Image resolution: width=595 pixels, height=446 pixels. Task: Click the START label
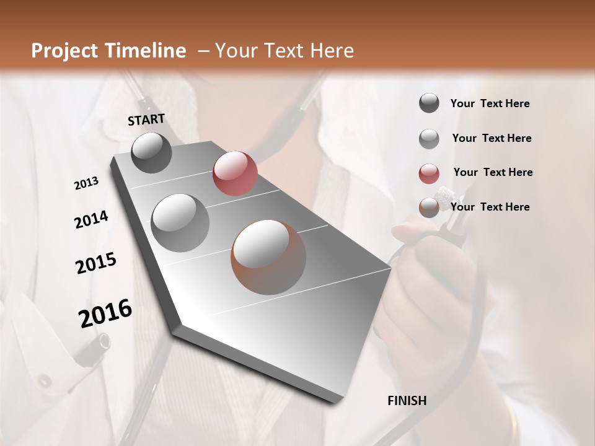[146, 120]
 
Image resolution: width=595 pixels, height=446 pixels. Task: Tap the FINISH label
[407, 401]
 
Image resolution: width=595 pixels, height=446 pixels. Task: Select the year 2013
[87, 183]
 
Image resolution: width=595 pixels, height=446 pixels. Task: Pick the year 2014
[91, 220]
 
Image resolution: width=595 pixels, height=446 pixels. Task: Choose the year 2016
[105, 313]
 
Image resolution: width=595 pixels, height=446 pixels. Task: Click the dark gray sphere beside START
[151, 152]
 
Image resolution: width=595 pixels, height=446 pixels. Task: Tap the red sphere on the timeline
[234, 173]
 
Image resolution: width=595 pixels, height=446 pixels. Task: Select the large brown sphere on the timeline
[268, 256]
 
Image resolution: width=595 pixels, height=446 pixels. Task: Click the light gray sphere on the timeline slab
[180, 222]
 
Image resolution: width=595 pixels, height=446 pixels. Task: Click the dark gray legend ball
[429, 103]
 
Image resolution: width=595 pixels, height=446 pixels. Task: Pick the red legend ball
[429, 173]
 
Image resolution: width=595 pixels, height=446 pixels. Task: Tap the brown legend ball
[429, 208]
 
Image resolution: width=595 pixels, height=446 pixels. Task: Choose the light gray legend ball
[429, 139]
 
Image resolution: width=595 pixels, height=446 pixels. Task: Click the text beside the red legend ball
[493, 172]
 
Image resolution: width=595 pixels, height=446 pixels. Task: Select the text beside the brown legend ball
[490, 207]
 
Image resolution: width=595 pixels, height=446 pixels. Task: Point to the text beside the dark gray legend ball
[490, 103]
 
